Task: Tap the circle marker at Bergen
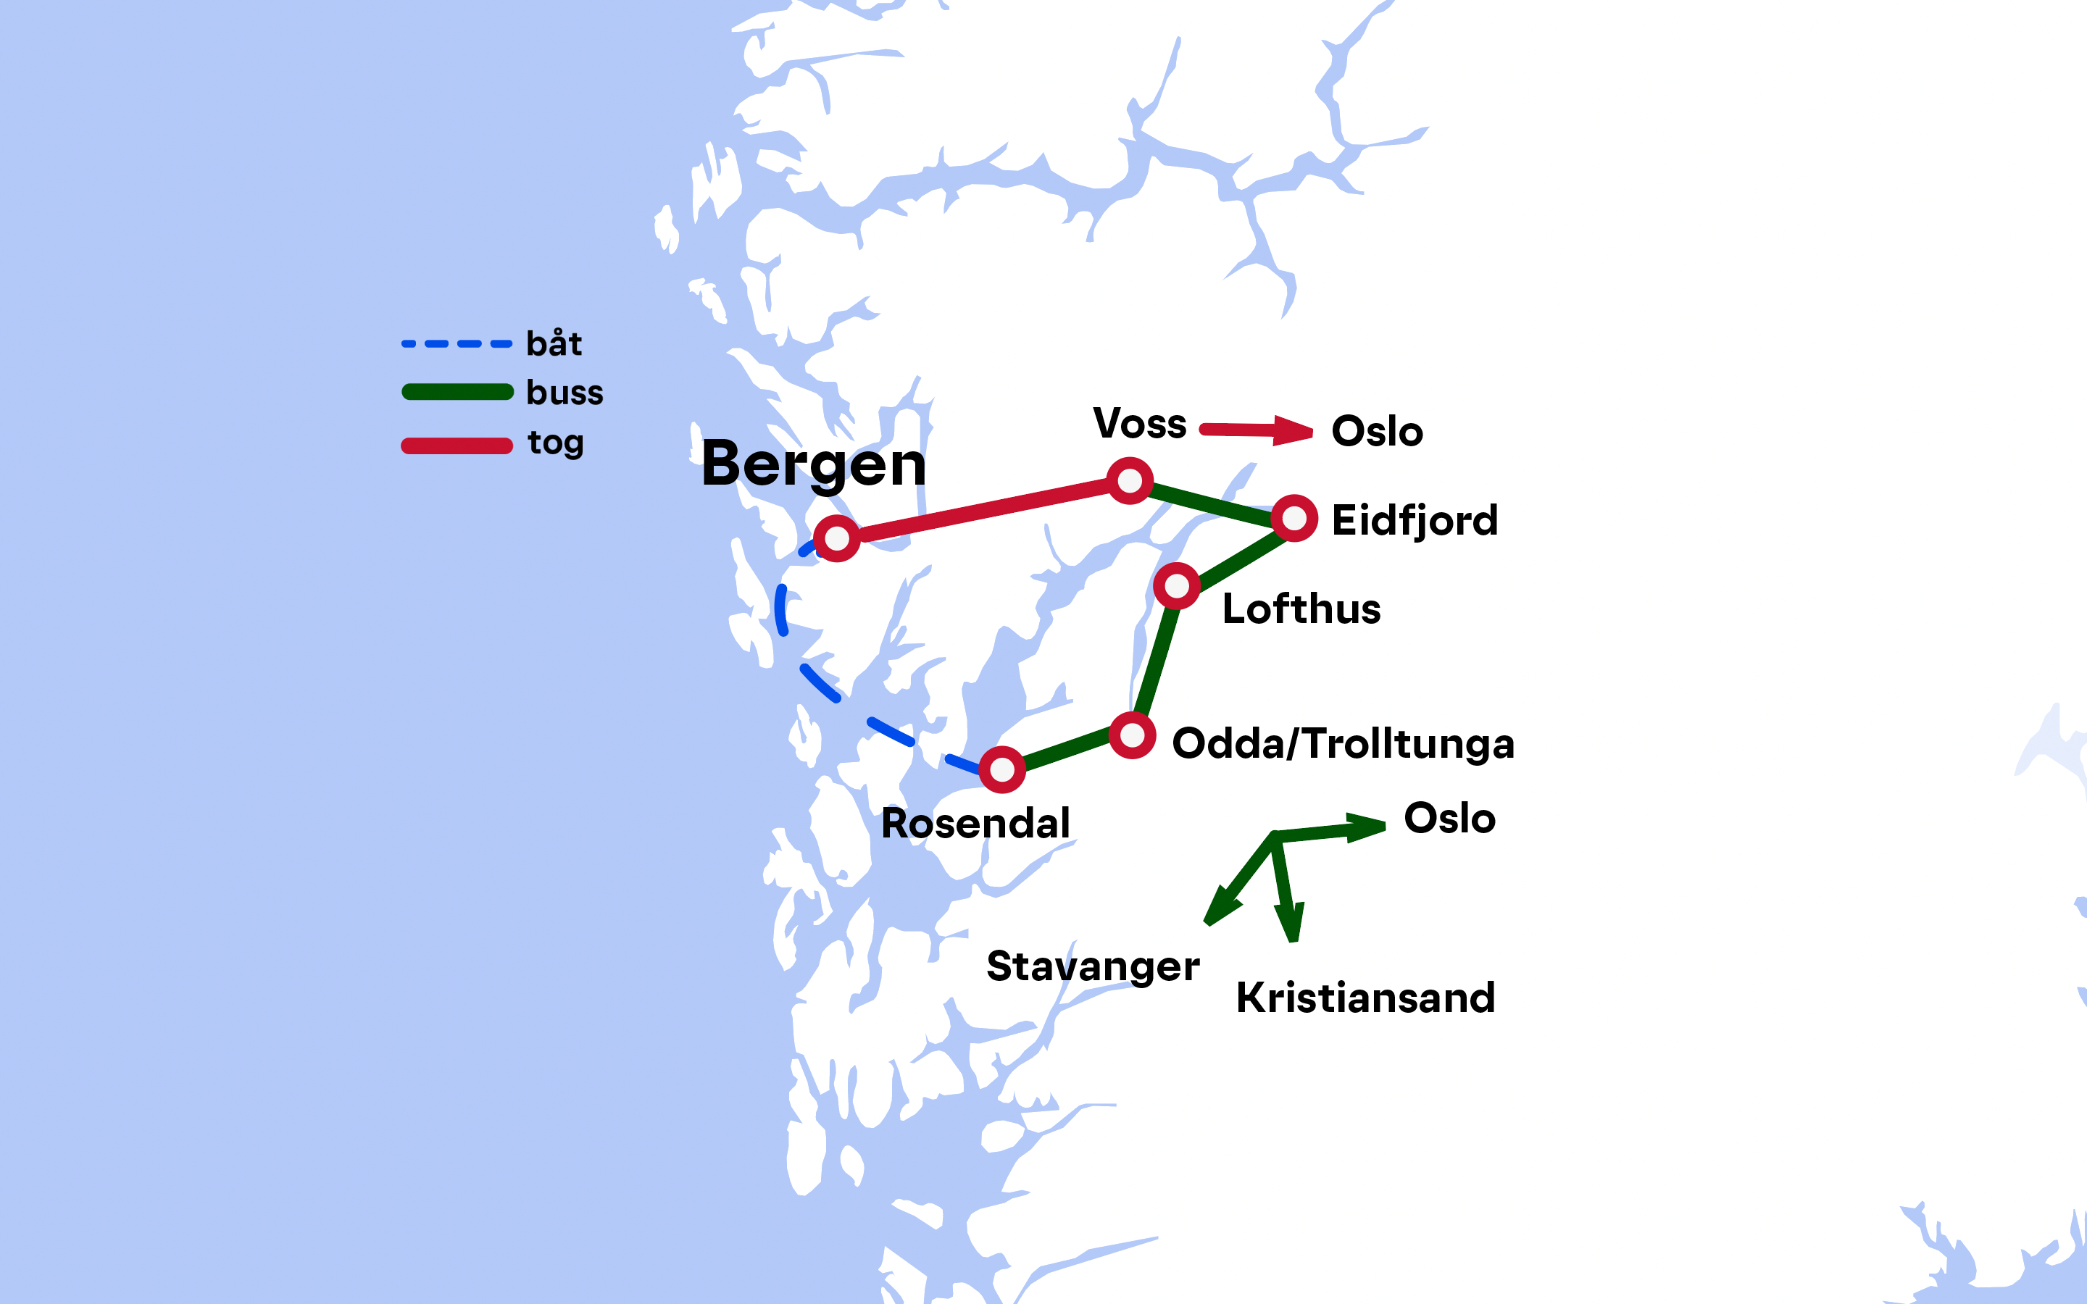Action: tap(836, 538)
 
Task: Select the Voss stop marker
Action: tap(1130, 480)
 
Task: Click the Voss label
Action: tap(1139, 425)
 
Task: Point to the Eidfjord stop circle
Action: tap(1294, 518)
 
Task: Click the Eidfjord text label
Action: tap(1415, 521)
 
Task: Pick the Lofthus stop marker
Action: tap(1176, 585)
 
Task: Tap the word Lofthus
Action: tap(1301, 609)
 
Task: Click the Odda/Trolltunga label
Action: tap(1343, 744)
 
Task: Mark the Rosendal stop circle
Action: tap(1001, 769)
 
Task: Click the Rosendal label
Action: tap(975, 824)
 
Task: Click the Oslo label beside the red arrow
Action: tap(1376, 431)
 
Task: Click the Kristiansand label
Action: tap(1365, 998)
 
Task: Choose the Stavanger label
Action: tap(1093, 966)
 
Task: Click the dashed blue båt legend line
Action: tap(457, 344)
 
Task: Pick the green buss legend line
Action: tap(457, 393)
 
